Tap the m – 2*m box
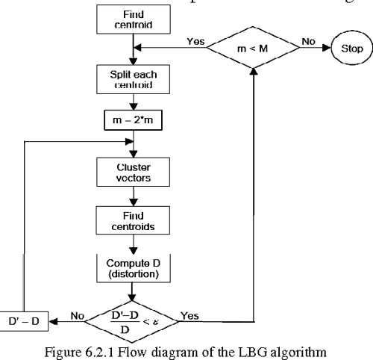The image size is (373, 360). point(132,120)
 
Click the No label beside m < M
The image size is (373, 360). point(308,43)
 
